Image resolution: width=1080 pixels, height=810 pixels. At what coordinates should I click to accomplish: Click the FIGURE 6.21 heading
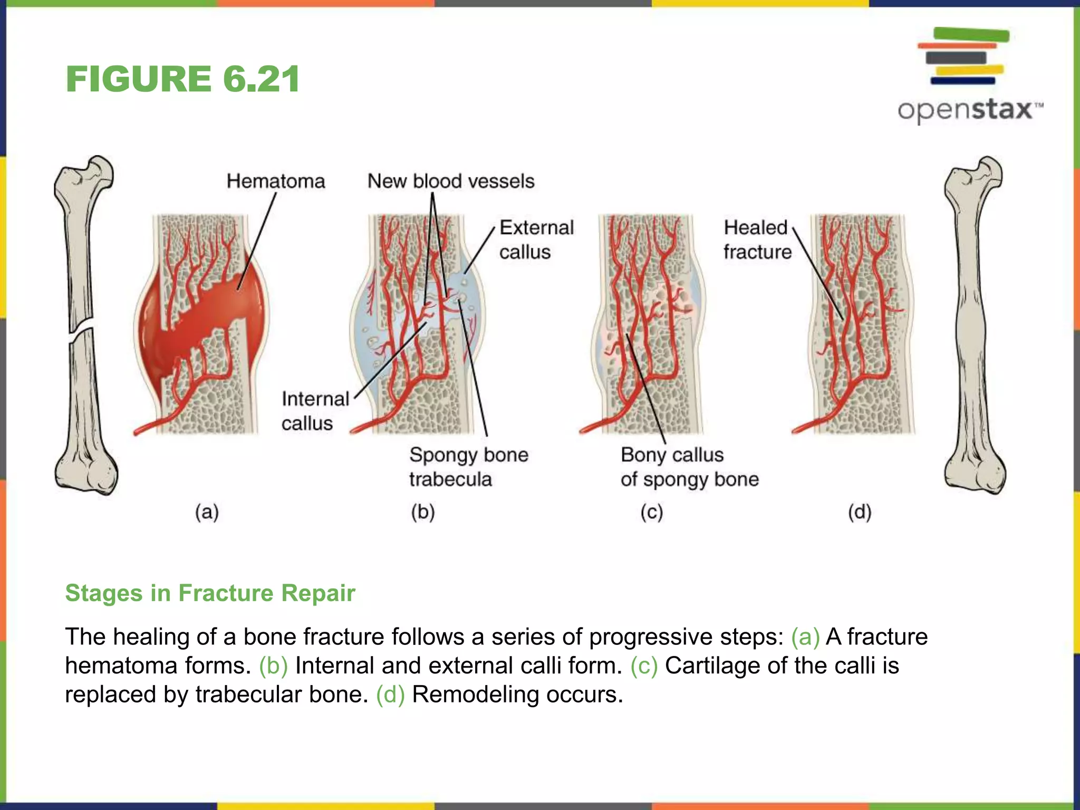[x=182, y=79]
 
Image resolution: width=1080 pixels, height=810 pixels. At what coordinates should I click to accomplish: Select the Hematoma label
[x=276, y=181]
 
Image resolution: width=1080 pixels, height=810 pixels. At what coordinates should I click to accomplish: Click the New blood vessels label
[x=451, y=181]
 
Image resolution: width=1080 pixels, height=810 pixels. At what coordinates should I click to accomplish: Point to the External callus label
[x=536, y=239]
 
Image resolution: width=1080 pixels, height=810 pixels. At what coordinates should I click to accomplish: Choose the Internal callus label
[x=315, y=411]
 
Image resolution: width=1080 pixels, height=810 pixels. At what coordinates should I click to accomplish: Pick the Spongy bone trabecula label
[x=468, y=467]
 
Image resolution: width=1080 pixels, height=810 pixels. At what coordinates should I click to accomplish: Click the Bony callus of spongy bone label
[x=689, y=467]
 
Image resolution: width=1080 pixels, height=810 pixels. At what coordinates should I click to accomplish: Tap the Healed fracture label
[x=757, y=239]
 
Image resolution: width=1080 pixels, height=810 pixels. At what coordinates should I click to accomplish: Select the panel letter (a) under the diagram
[x=207, y=512]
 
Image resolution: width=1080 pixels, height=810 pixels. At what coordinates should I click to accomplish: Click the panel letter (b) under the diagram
[x=423, y=512]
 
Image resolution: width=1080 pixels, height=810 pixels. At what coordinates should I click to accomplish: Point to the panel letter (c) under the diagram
[x=652, y=512]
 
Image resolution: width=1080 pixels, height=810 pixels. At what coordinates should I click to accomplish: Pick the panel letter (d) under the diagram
[x=860, y=512]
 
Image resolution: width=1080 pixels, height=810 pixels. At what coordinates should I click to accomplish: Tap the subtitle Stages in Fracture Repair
[x=210, y=593]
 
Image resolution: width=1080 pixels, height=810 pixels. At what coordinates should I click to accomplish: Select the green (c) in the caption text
[x=644, y=666]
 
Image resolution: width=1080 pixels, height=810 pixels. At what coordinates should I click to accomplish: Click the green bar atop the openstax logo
[x=971, y=35]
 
